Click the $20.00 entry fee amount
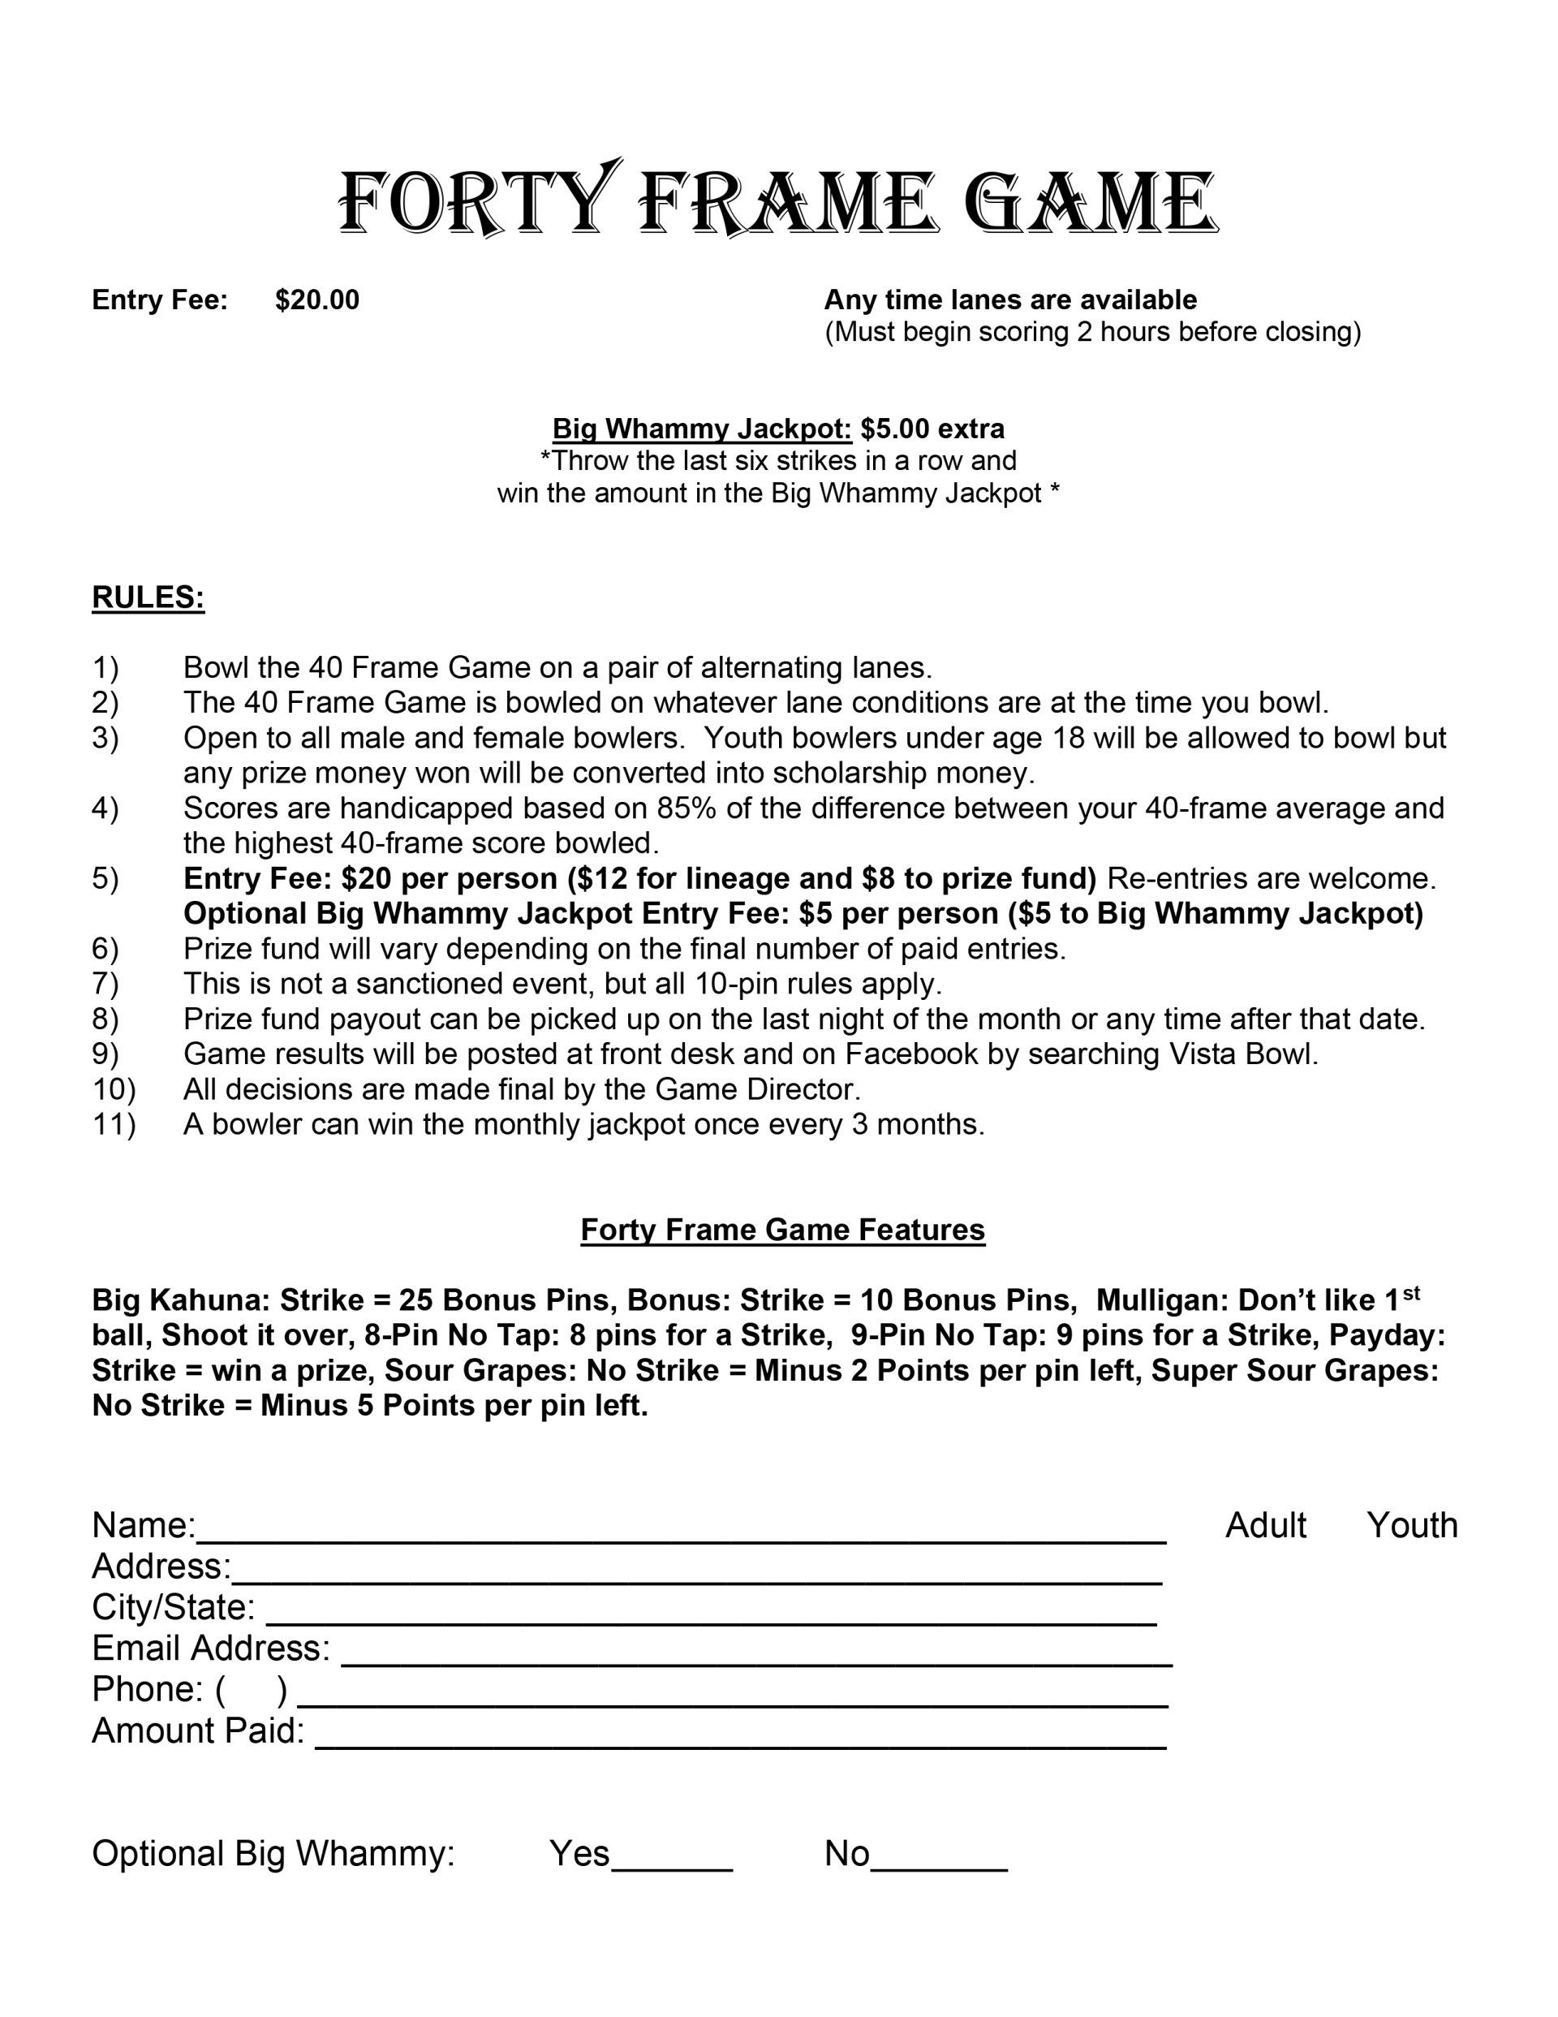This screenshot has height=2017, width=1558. click(x=316, y=300)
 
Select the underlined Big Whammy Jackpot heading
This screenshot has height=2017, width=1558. click(x=702, y=429)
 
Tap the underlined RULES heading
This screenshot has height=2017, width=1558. click(x=148, y=597)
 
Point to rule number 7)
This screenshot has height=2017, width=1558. click(x=105, y=984)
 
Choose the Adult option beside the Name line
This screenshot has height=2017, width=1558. click(x=1265, y=1526)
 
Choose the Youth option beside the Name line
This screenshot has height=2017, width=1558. click(x=1412, y=1526)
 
